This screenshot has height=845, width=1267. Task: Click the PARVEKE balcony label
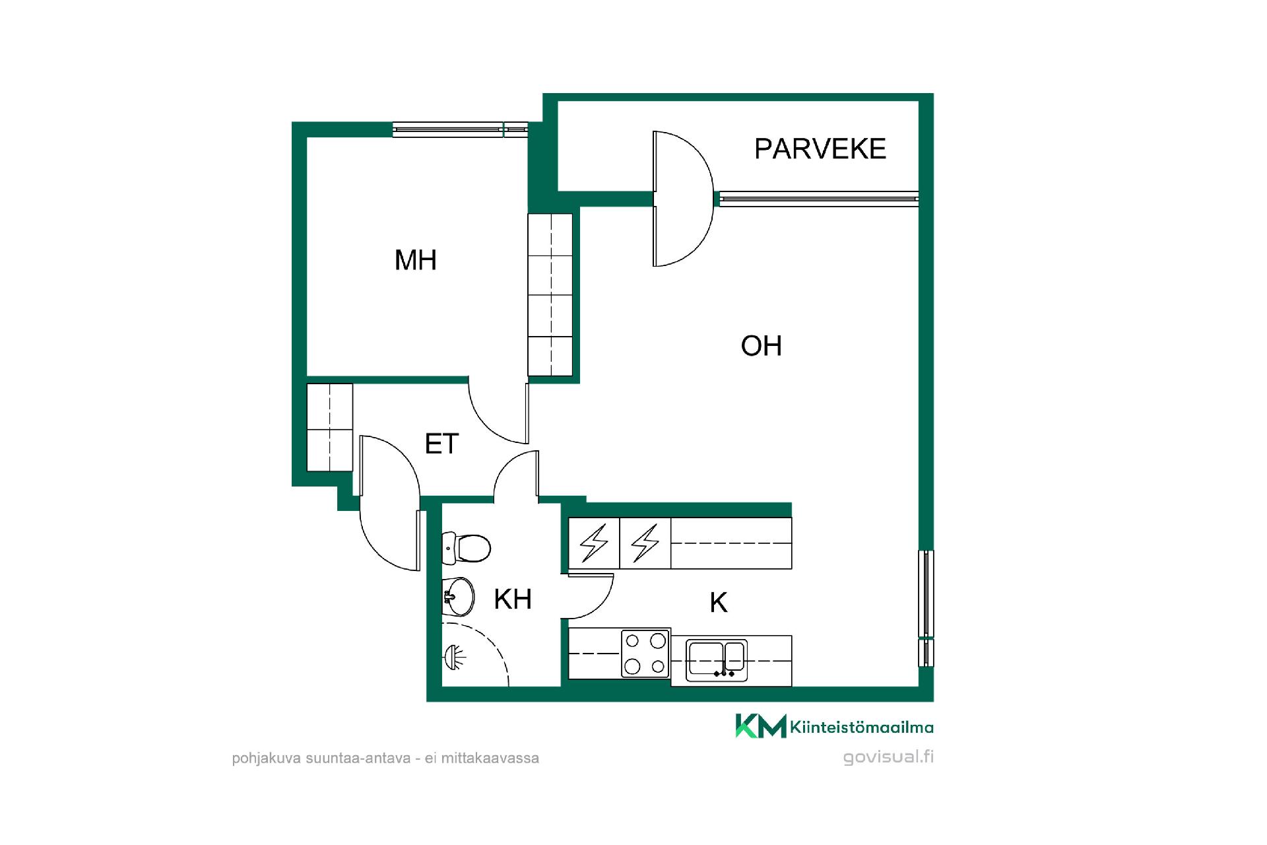(x=820, y=149)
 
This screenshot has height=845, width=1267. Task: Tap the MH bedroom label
(x=416, y=260)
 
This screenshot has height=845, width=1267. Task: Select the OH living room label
(x=762, y=346)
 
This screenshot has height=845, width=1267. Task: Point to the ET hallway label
(x=441, y=444)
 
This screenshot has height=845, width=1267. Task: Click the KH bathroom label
(x=513, y=599)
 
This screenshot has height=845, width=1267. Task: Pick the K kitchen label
(x=719, y=603)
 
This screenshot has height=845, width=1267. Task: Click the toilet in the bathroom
(x=467, y=548)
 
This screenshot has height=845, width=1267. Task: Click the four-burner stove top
(x=645, y=653)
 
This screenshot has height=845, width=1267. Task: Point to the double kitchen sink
(x=717, y=660)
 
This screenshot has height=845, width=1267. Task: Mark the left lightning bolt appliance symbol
(x=594, y=543)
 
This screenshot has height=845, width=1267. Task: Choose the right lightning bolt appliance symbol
(x=645, y=543)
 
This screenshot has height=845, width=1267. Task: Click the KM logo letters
(x=761, y=726)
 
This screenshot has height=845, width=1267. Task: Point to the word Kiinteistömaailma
(x=862, y=727)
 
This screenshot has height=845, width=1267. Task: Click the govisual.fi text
(x=888, y=757)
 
